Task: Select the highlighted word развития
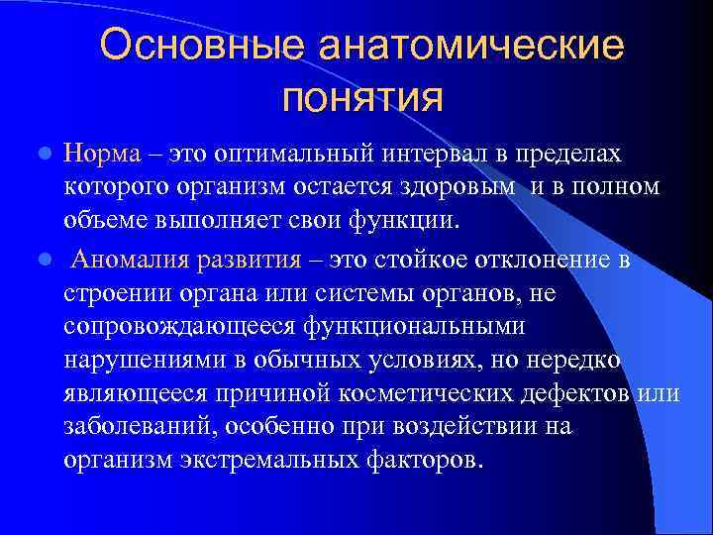pyautogui.click(x=250, y=260)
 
